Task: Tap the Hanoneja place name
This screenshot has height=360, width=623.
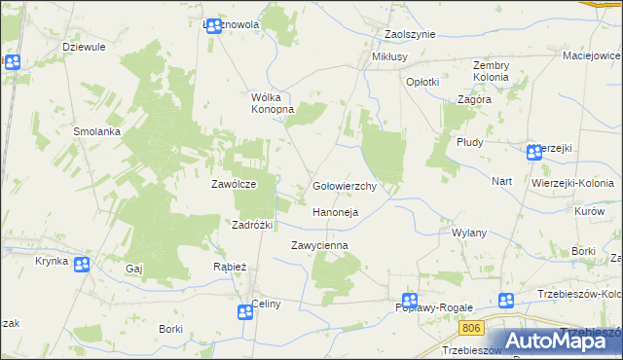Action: pos(336,212)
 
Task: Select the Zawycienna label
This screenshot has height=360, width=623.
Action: pos(319,246)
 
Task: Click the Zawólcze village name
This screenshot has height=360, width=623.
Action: pos(234,184)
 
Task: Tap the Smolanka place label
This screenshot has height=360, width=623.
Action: pos(96,130)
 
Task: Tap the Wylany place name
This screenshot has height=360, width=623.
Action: pos(469,234)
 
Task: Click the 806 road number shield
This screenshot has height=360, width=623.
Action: pos(472,329)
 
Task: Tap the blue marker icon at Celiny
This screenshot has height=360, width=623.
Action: pos(244,311)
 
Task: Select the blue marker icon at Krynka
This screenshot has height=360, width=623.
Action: pos(82,265)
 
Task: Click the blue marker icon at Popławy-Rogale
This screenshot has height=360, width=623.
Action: pos(410,302)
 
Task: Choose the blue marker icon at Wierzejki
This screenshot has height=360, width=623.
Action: pos(534,153)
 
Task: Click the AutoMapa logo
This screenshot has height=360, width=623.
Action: pos(565,341)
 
